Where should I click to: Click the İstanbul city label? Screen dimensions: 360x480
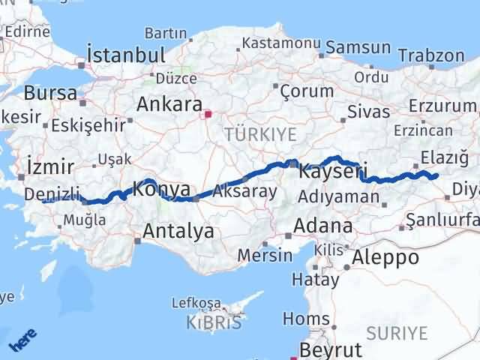click(125, 55)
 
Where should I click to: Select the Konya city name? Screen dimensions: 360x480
click(160, 189)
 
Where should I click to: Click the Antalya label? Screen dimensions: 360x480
click(178, 231)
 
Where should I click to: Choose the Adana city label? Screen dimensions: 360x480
click(323, 225)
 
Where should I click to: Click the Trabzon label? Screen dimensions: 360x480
click(431, 55)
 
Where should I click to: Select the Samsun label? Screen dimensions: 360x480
click(358, 48)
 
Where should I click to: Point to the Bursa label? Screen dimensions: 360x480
click(50, 94)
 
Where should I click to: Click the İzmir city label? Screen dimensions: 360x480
click(49, 166)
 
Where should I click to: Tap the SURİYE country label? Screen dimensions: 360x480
click(397, 332)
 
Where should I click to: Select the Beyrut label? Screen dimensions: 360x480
click(331, 349)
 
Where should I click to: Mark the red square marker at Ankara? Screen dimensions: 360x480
click(209, 115)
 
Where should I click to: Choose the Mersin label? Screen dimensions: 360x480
click(265, 255)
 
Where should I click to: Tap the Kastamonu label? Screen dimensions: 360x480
click(271, 44)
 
